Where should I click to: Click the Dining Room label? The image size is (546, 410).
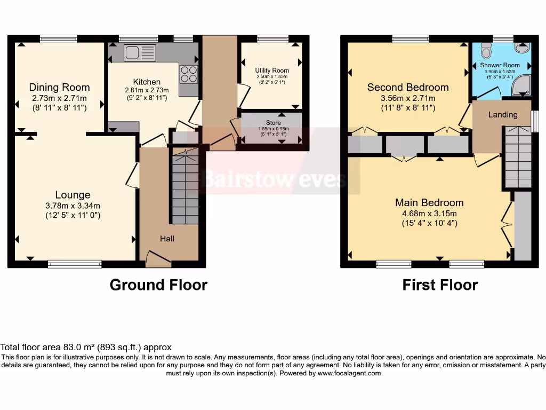(x=59, y=87)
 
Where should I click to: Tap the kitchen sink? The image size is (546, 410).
(x=139, y=53)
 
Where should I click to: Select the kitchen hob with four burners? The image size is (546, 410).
(x=188, y=74)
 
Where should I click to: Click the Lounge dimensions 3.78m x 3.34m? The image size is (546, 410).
(x=73, y=206)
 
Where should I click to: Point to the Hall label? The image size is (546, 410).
(x=167, y=239)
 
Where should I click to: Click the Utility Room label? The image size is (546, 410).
(x=272, y=70)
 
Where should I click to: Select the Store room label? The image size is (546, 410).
(x=272, y=123)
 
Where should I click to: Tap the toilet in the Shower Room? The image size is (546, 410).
(x=485, y=50)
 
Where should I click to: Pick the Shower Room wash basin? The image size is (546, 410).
(x=522, y=49)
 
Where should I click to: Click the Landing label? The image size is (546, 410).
(x=503, y=115)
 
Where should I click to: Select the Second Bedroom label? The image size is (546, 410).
(x=408, y=87)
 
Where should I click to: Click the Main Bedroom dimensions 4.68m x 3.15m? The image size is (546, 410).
(x=429, y=214)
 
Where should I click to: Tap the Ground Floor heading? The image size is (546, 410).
(x=158, y=285)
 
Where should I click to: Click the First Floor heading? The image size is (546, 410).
(x=440, y=285)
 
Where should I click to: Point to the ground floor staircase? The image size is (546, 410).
(x=185, y=184)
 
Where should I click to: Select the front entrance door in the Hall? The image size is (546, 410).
(x=158, y=260)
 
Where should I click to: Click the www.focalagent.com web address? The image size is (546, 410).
(x=349, y=374)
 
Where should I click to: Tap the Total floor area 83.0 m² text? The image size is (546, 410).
(x=86, y=347)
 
